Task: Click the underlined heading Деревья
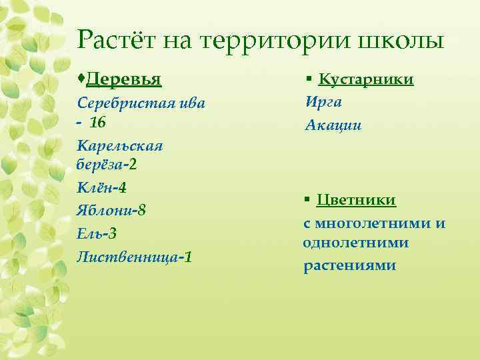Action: coord(124,79)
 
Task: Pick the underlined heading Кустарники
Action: coord(366,79)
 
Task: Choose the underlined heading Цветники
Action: coord(357,200)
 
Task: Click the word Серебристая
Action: coord(124,104)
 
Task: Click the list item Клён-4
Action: coord(101,189)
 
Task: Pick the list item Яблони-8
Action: coord(111,211)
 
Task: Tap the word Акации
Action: coord(333,125)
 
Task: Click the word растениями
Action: coord(349,265)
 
